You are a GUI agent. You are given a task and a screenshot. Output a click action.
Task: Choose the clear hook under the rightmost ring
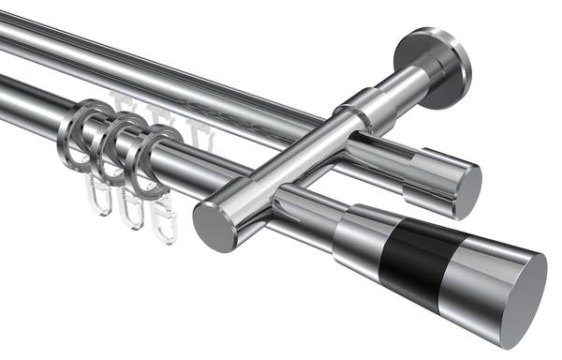(164, 221)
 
